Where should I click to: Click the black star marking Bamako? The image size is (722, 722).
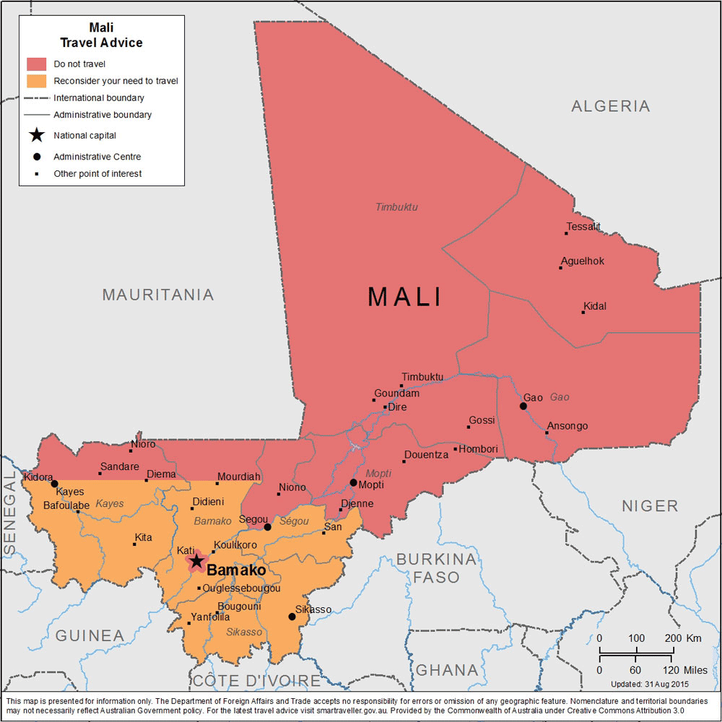196,561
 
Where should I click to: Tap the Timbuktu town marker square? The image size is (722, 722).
401,386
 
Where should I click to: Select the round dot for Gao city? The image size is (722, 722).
523,406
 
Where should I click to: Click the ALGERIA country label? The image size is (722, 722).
611,106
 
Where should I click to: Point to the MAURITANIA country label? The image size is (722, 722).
158,295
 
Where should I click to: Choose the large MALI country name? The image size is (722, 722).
405,297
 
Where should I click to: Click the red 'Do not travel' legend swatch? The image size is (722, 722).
37,64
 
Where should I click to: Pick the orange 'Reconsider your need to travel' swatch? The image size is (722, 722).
37,81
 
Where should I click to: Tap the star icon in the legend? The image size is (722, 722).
37,135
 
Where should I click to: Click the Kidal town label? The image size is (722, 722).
595,306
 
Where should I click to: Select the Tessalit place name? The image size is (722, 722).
583,226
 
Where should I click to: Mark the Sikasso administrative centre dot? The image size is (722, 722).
292,617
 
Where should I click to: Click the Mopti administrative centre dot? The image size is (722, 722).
353,482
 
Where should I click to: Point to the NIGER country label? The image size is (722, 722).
650,505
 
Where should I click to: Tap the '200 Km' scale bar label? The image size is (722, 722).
682,638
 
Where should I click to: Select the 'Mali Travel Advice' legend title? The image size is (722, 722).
101,35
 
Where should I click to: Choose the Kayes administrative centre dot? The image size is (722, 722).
54,484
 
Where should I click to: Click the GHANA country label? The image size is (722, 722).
447,670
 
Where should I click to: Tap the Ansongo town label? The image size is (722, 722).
567,426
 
